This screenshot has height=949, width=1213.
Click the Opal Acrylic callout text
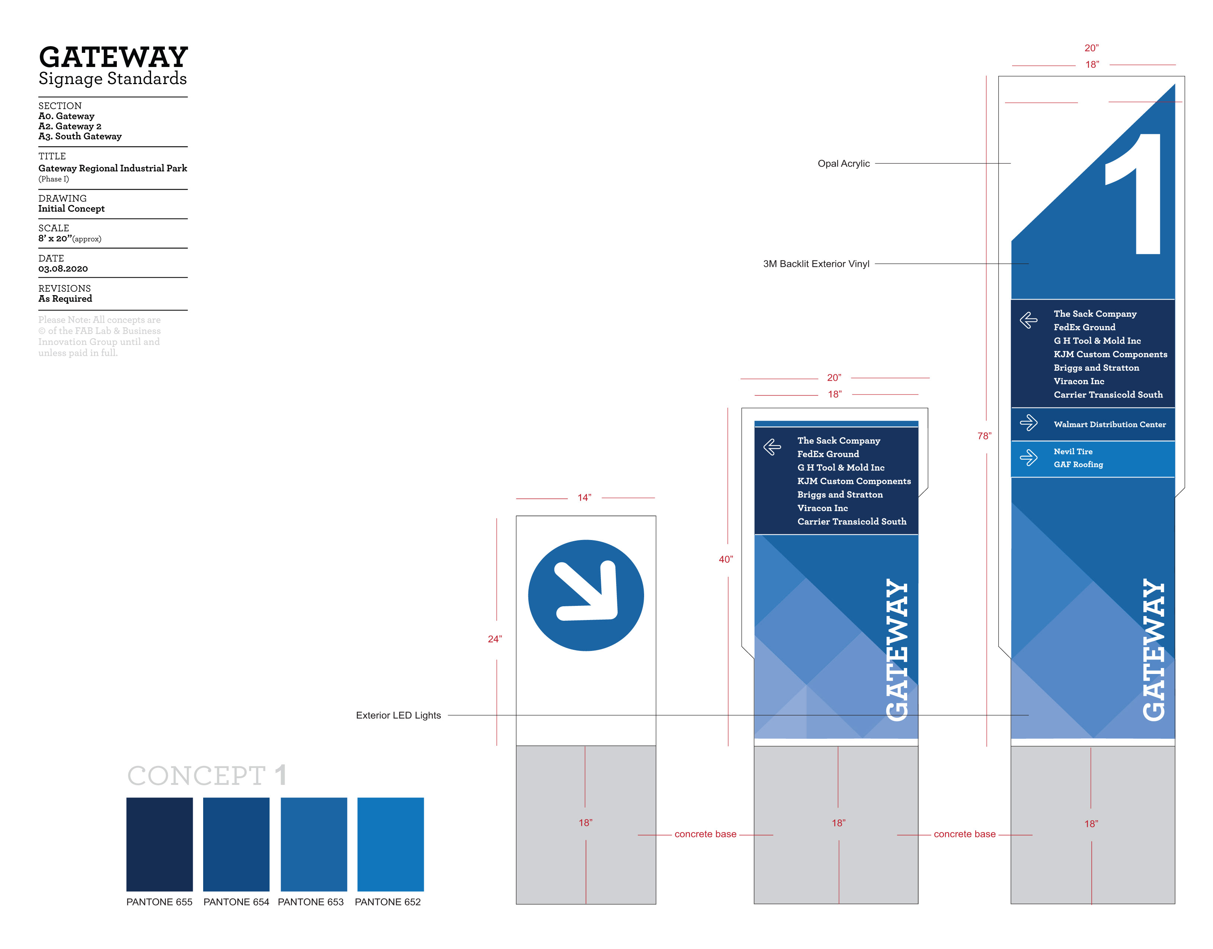(843, 163)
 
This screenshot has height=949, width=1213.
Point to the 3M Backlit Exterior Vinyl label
(816, 264)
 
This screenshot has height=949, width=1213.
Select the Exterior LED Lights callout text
(398, 715)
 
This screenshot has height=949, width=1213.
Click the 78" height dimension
(984, 436)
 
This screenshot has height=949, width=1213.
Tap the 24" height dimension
(494, 639)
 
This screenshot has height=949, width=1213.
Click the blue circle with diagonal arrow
(586, 595)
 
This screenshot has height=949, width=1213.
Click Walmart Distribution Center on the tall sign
(1110, 425)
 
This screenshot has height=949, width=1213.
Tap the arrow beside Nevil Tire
(1028, 457)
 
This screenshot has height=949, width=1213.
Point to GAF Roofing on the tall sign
(1078, 464)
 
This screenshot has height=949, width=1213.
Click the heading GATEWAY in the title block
(113, 57)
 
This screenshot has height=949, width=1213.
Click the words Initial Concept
(71, 209)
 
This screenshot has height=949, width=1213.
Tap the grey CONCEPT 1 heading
(207, 776)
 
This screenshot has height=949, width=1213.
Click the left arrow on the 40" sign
(772, 447)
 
